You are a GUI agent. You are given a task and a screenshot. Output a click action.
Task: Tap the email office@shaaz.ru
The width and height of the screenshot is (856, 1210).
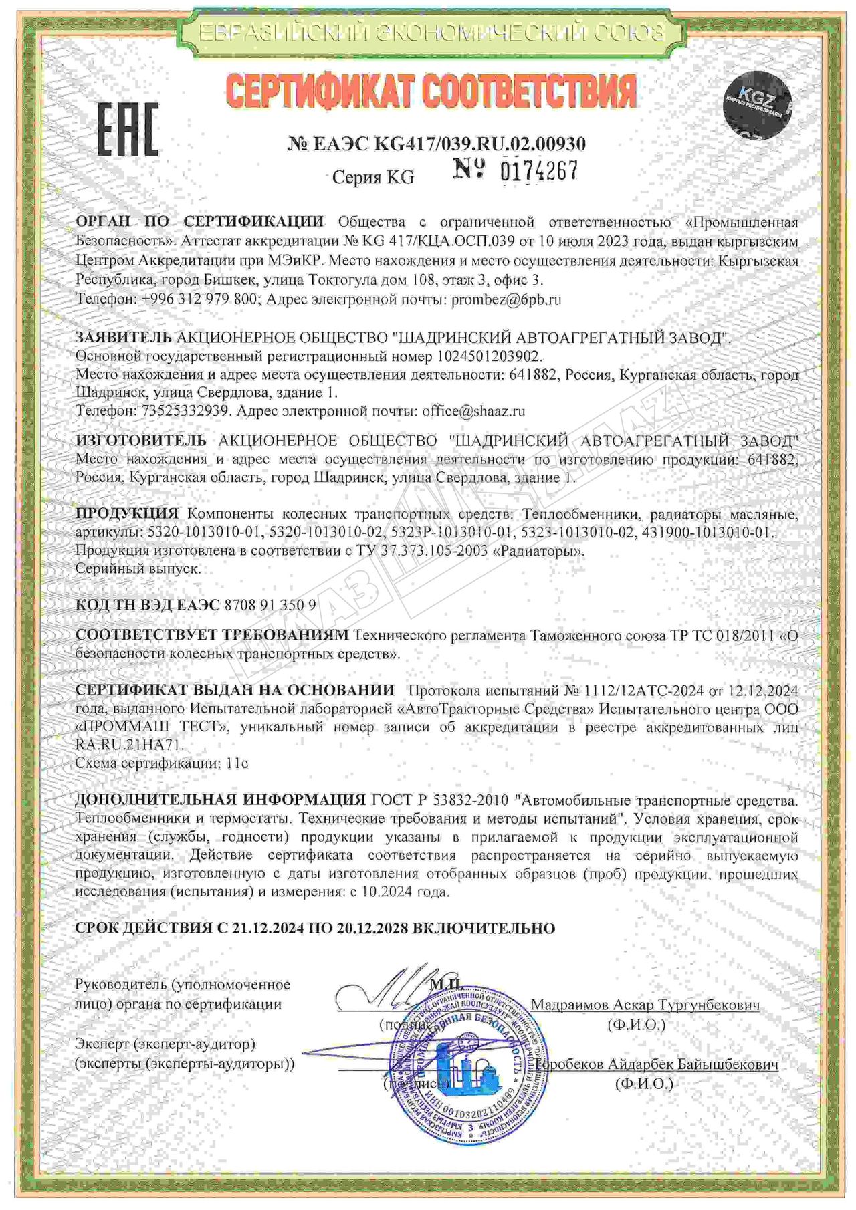pyautogui.click(x=473, y=411)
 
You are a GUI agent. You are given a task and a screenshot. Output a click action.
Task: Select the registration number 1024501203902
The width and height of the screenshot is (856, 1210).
pyautogui.click(x=490, y=356)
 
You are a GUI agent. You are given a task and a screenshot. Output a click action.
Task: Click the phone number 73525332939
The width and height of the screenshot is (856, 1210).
pyautogui.click(x=186, y=411)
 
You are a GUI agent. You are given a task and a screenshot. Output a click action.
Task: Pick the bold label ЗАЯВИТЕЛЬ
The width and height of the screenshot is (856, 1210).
pyautogui.click(x=124, y=338)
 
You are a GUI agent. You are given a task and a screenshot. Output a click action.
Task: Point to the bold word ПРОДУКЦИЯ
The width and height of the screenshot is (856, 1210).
pyautogui.click(x=126, y=514)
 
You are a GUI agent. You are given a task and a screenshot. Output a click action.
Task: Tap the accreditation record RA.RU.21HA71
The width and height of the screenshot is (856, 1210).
pyautogui.click(x=129, y=745)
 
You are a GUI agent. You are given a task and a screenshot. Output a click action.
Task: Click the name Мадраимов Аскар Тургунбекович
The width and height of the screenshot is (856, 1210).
pyautogui.click(x=645, y=1005)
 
